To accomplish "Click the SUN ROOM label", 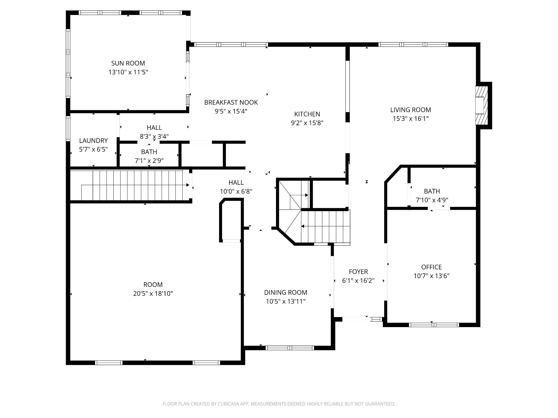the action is click(x=128, y=63).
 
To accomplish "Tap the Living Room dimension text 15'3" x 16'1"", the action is click(x=411, y=119).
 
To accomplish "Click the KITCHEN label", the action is click(x=307, y=114).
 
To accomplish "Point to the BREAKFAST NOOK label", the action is click(x=231, y=102).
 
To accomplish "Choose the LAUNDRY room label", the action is click(x=93, y=141).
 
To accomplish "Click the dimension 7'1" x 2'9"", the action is click(x=149, y=161).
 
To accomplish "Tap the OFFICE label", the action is click(x=432, y=267).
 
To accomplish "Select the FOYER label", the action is click(x=358, y=272).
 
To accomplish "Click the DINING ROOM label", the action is click(x=286, y=293).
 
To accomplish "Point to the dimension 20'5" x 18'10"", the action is click(x=153, y=294).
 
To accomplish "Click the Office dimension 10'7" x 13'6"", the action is click(x=432, y=276).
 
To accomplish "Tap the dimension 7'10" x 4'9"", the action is click(x=432, y=200).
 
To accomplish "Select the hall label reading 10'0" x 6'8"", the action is click(x=236, y=191).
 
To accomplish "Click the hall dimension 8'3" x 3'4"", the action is click(x=154, y=136).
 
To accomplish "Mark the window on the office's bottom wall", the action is click(x=434, y=325).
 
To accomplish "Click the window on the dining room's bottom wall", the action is click(x=290, y=348).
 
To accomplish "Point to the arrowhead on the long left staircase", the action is click(x=188, y=185).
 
